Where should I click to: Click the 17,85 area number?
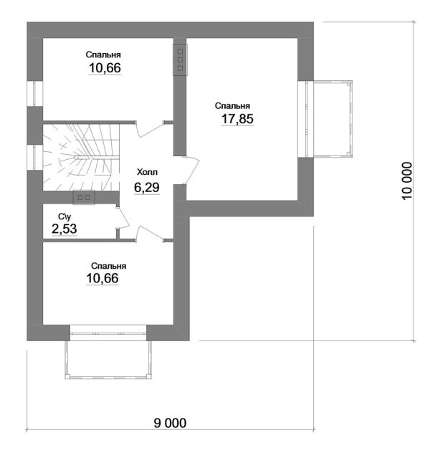(x=237, y=119)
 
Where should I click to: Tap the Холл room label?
(x=147, y=172)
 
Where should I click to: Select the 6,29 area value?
(x=147, y=187)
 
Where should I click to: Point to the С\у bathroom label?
(x=64, y=216)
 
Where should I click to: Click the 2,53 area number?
(x=64, y=229)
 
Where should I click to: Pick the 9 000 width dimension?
(x=170, y=423)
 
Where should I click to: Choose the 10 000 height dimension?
(x=406, y=181)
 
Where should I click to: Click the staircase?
(x=81, y=158)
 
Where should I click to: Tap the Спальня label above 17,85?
(x=232, y=106)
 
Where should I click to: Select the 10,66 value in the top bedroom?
(x=105, y=68)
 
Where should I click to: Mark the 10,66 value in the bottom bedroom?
(x=102, y=278)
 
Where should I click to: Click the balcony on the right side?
(x=333, y=119)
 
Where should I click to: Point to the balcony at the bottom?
(x=108, y=360)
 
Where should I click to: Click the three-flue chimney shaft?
(x=181, y=59)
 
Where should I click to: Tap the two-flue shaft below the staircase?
(x=84, y=198)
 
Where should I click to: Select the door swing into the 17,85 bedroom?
(x=191, y=170)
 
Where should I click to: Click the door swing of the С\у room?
(x=123, y=218)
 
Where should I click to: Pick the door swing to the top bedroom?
(x=150, y=129)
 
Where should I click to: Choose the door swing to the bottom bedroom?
(x=150, y=234)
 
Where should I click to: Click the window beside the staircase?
(x=35, y=157)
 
